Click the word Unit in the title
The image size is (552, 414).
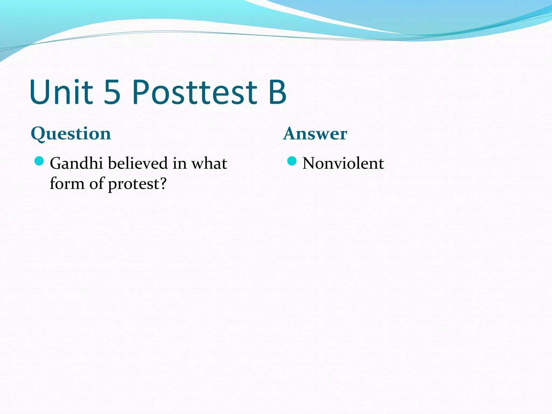click(61, 92)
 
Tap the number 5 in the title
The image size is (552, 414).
click(112, 92)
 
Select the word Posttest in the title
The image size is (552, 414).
click(195, 92)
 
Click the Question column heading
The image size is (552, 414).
click(71, 134)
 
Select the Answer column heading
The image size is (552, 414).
click(315, 134)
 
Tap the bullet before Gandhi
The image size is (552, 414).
click(39, 161)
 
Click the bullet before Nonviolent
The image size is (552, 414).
click(292, 161)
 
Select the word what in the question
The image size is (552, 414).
click(209, 163)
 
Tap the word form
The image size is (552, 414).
click(67, 184)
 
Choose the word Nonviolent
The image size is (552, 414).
click(343, 163)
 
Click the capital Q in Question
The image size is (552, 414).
click(38, 134)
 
